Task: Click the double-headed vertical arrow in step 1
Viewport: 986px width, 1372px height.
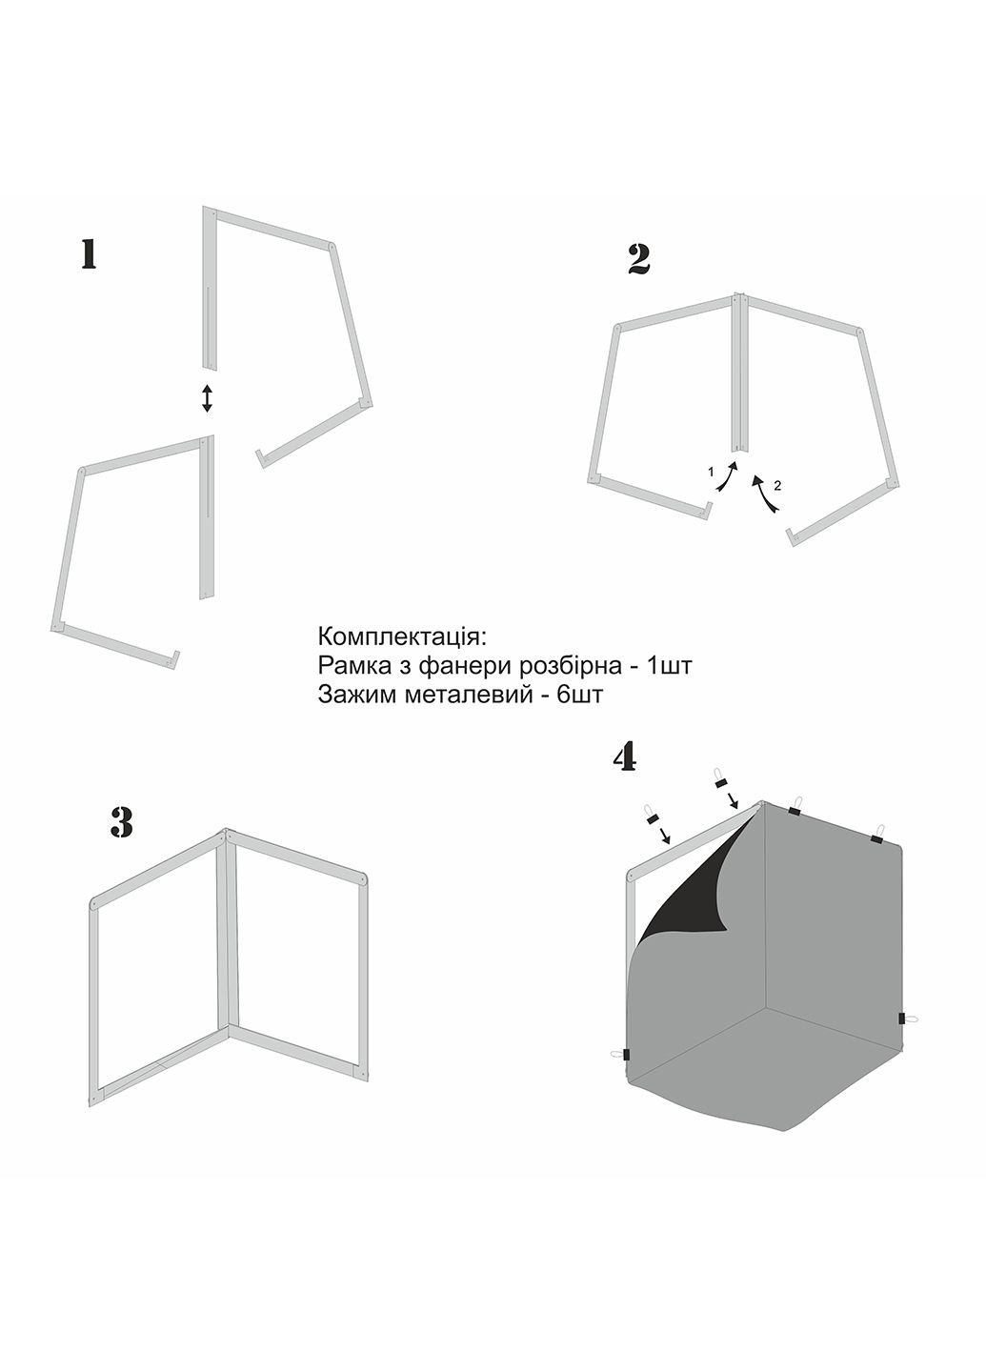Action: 207,397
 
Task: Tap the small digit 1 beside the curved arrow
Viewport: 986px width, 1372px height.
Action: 711,472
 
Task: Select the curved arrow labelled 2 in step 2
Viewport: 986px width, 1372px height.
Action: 766,492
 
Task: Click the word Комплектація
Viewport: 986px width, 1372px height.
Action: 402,637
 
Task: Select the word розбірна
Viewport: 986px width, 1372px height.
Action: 568,666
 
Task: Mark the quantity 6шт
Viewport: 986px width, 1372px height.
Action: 580,695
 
